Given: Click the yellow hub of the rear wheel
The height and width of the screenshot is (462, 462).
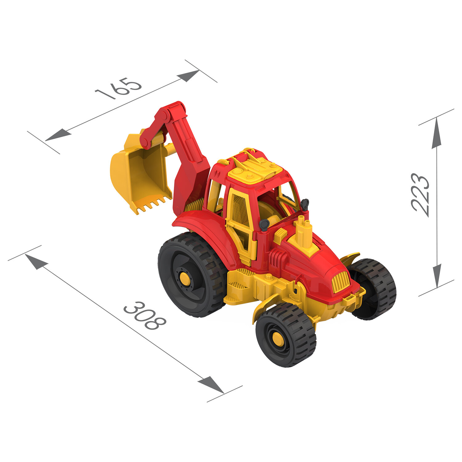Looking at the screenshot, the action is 184,278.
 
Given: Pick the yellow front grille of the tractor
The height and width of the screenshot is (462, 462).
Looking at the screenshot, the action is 341,282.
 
